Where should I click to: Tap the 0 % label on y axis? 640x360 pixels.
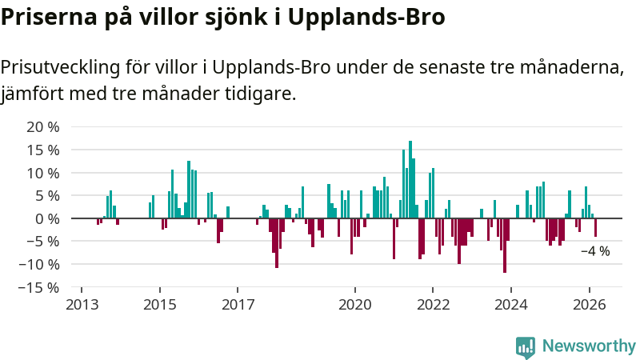pyautogui.click(x=47, y=218)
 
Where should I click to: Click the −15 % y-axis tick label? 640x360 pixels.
pyautogui.click(x=38, y=287)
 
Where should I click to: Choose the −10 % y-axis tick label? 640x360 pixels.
pyautogui.click(x=38, y=264)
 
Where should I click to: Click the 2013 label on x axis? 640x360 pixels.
pyautogui.click(x=82, y=305)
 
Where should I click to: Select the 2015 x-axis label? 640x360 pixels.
pyautogui.click(x=159, y=305)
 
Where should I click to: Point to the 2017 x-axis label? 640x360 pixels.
pyautogui.click(x=238, y=305)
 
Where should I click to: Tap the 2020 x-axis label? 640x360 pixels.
pyautogui.click(x=355, y=305)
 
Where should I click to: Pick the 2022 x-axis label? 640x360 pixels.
pyautogui.click(x=433, y=305)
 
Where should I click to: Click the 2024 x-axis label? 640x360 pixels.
pyautogui.click(x=511, y=305)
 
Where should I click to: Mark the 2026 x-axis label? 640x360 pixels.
pyautogui.click(x=590, y=305)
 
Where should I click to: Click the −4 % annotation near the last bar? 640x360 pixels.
pyautogui.click(x=594, y=251)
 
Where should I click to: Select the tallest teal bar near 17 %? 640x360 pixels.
pyautogui.click(x=410, y=179)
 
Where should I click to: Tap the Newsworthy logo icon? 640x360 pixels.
pyautogui.click(x=526, y=346)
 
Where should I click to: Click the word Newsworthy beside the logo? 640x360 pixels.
pyautogui.click(x=589, y=346)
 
